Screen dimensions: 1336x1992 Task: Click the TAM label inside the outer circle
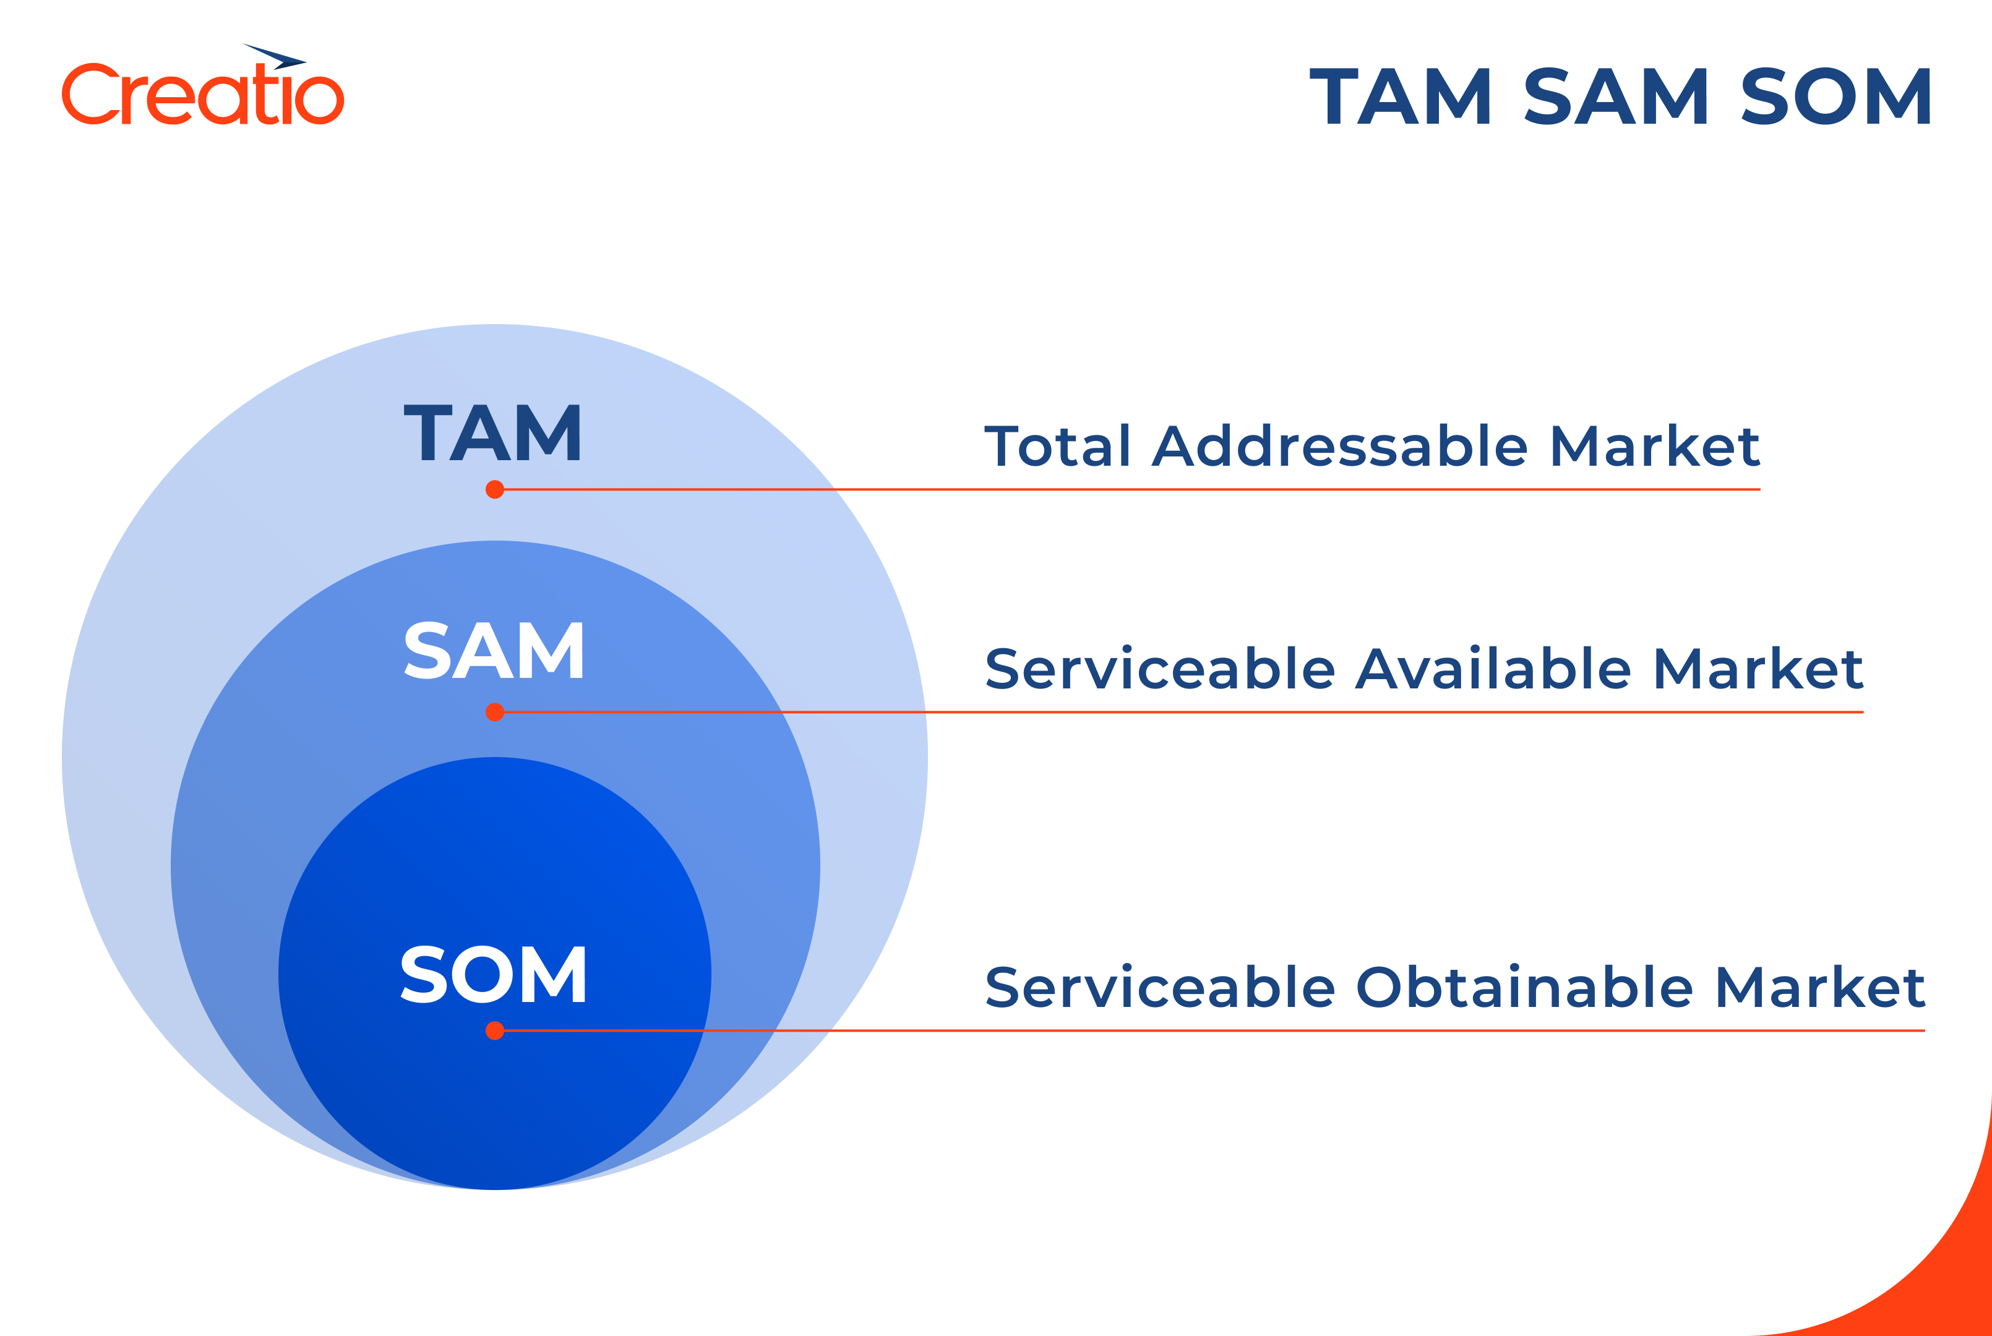pos(492,433)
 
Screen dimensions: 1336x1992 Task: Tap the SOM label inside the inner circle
pos(493,975)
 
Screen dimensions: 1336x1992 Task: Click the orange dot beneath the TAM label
pos(495,490)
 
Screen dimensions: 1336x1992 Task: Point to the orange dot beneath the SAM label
pos(495,713)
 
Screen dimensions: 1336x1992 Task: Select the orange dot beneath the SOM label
pos(495,1031)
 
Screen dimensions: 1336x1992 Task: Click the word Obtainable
pos(1524,988)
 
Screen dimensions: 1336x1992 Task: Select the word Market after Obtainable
pos(1820,988)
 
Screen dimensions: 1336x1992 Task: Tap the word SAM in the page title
pos(1615,96)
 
